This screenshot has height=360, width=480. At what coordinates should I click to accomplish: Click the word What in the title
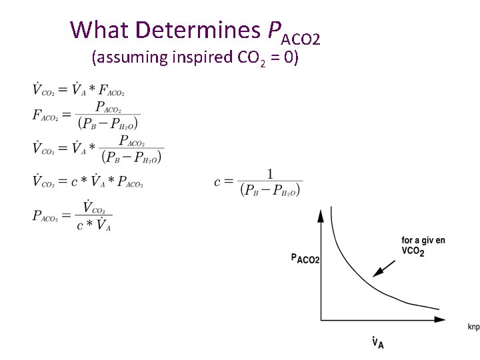pyautogui.click(x=99, y=29)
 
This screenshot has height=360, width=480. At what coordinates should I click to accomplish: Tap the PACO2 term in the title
pyautogui.click(x=294, y=32)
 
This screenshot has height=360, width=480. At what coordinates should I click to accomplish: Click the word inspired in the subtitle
pyautogui.click(x=203, y=57)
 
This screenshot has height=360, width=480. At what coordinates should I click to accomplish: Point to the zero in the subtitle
pyautogui.click(x=287, y=57)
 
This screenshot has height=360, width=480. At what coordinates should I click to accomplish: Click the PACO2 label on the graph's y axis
pyautogui.click(x=305, y=257)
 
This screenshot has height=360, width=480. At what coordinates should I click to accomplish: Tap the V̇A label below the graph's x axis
pyautogui.click(x=377, y=342)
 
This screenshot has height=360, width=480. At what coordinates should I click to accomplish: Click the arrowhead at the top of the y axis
pyautogui.click(x=321, y=214)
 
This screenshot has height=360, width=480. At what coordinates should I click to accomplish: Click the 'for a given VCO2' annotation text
pyautogui.click(x=423, y=245)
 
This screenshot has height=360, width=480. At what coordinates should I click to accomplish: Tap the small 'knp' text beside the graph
pyautogui.click(x=473, y=327)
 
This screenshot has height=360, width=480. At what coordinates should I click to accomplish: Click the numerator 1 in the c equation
pyautogui.click(x=270, y=173)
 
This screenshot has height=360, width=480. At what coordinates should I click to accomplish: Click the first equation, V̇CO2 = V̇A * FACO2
pyautogui.click(x=79, y=89)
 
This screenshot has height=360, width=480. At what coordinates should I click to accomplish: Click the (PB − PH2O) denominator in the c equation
pyautogui.click(x=270, y=190)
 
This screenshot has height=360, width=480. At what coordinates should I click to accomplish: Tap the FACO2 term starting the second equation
pyautogui.click(x=47, y=115)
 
